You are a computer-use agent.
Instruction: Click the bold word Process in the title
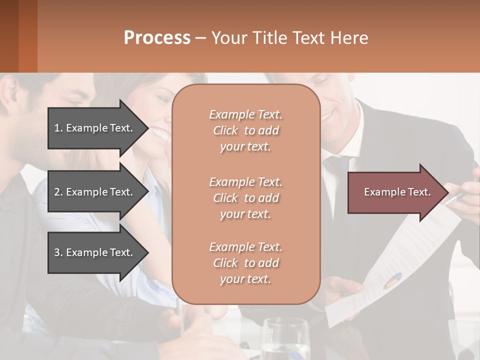(157, 37)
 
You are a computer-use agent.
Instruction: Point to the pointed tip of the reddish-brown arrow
(446, 192)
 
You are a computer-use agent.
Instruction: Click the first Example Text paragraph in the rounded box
(245, 130)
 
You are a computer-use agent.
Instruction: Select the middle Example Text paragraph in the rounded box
(245, 198)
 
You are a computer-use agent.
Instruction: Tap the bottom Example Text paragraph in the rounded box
(245, 263)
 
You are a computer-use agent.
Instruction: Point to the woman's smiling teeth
(161, 134)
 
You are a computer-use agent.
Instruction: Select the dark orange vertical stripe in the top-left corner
(27, 36)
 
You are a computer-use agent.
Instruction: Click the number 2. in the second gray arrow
(58, 192)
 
